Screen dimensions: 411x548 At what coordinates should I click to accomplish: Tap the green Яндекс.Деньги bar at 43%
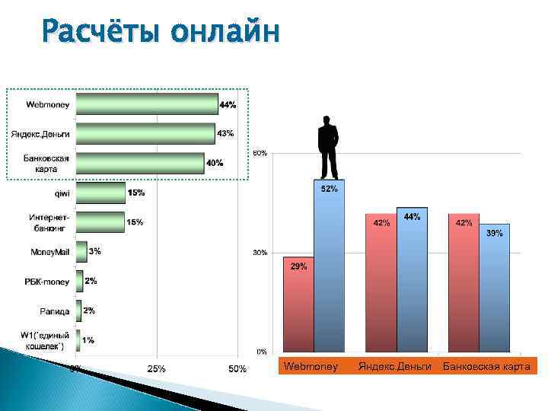145,134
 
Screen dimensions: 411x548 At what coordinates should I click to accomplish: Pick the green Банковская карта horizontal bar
140,163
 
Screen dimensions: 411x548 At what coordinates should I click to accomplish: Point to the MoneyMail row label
51,252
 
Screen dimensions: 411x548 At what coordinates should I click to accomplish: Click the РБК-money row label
47,282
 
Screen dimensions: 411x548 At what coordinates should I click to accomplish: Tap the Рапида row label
55,311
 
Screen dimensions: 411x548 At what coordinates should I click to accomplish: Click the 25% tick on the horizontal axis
157,369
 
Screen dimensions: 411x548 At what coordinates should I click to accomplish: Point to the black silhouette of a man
328,147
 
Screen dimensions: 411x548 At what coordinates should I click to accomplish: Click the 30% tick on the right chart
260,253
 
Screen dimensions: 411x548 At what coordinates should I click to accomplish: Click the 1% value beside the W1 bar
88,340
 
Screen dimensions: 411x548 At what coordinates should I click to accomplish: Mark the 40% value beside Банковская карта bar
215,163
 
